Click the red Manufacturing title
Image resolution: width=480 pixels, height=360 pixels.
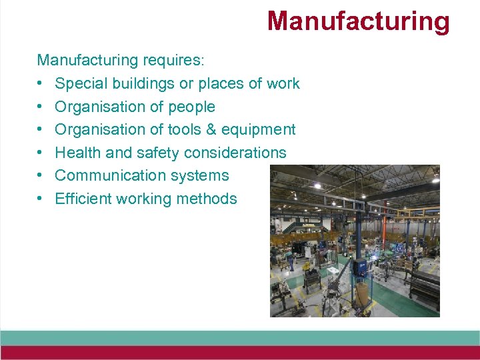pyautogui.click(x=358, y=21)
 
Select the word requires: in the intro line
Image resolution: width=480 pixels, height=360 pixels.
pyautogui.click(x=174, y=61)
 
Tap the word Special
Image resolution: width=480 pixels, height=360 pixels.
pyautogui.click(x=80, y=84)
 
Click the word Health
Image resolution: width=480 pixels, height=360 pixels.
pyautogui.click(x=78, y=153)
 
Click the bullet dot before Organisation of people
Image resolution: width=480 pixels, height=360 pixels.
pyautogui.click(x=41, y=107)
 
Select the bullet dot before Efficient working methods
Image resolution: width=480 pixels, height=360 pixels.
pyautogui.click(x=41, y=199)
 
